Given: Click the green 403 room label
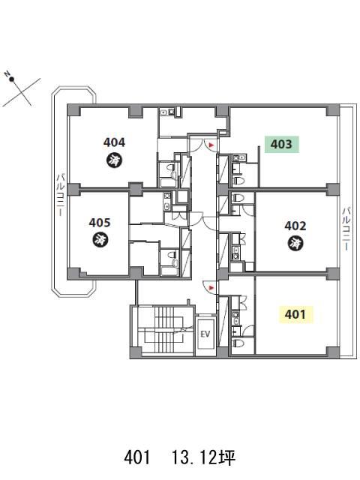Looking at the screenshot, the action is coord(282,144).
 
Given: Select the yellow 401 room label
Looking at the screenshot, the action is coord(295,314).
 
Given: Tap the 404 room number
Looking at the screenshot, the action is coord(114,142).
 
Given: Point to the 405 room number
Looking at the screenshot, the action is coord(100,223).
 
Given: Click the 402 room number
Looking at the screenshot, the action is coord(295,226).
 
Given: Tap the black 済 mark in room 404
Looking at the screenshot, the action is coord(115,159).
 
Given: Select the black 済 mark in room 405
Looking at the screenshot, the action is coord(100,239).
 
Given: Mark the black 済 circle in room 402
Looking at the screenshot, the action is coord(295,243).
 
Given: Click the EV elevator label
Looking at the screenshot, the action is coord(205,334).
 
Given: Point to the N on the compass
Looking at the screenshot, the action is coord(7,73).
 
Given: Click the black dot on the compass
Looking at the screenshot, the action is coord(12,79).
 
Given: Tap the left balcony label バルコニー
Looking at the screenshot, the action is coord(60,195).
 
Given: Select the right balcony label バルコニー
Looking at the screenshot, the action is coord(346,229).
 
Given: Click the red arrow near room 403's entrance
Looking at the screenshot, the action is coord(211,145).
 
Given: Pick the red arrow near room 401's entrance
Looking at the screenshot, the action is coord(211,288).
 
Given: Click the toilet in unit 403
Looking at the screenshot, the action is coord(238,181).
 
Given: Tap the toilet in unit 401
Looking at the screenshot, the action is coord(238,343).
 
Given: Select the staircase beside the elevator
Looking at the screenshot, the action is coord(164,330).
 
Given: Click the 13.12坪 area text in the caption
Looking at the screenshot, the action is coord(203,458).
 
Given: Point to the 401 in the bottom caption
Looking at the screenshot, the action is coord(137,458).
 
